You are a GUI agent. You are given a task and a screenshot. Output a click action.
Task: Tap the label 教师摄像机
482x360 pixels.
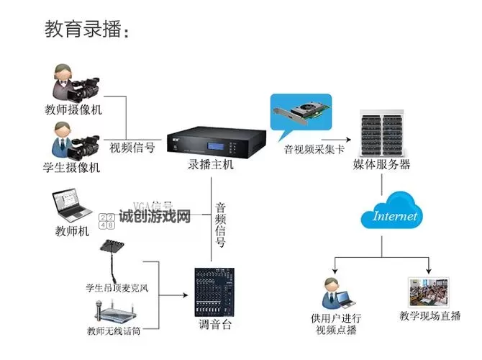(73, 110)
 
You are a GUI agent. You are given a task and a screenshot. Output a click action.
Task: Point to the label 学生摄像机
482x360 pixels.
(72, 168)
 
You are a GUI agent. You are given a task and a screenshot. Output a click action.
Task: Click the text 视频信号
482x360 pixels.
(132, 148)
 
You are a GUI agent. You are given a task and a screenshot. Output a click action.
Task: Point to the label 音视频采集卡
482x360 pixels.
(314, 150)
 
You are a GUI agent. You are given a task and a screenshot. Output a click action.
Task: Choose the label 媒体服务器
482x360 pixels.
(381, 165)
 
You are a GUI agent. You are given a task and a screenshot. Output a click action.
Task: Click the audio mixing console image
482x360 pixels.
(215, 292)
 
